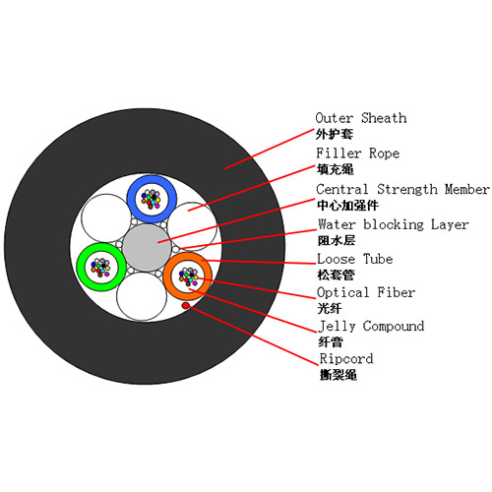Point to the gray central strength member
tap(147, 248)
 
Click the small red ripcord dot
tap(186, 306)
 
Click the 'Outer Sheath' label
tap(361, 118)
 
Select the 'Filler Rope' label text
tap(357, 154)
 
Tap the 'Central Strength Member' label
tap(402, 189)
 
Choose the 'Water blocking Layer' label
tap(393, 224)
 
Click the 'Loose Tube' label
tap(355, 259)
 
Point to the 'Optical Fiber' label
tap(366, 292)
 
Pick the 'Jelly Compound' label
tap(371, 327)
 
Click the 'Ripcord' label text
tap(346, 359)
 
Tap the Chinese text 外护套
tap(335, 134)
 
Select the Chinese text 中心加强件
tap(347, 206)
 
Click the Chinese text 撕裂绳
tap(338, 375)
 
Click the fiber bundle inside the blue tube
tap(151, 199)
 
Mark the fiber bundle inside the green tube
tap(101, 267)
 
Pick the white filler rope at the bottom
tap(142, 296)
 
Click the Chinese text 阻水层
tap(337, 241)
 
